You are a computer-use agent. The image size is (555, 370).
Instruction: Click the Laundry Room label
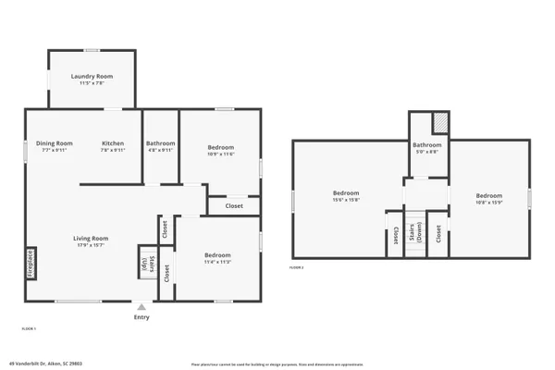point(91,77)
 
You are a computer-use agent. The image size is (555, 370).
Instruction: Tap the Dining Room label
point(55,143)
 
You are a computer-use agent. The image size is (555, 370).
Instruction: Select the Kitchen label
point(113,143)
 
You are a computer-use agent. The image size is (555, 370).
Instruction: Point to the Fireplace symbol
point(31,263)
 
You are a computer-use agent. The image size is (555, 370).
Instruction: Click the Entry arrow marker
point(141,306)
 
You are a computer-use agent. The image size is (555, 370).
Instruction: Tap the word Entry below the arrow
point(141,317)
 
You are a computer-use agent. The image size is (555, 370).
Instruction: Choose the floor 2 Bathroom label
point(426,144)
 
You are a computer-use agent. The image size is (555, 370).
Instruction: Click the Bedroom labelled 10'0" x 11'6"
point(220,148)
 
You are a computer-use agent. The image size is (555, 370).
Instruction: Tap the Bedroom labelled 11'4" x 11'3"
point(217,254)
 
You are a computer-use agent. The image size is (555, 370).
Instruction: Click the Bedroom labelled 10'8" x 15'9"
point(488,195)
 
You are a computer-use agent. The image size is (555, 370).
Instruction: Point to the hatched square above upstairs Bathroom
point(441,122)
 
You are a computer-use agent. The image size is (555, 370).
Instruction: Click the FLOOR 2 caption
point(296,266)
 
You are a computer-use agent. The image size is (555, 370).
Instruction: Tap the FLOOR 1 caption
point(29,328)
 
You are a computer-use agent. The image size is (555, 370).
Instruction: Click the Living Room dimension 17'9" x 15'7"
point(92,245)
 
